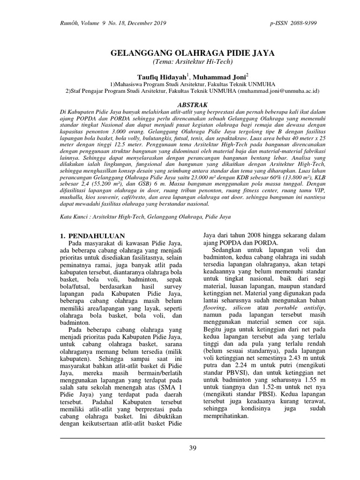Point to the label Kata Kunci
click(x=77, y=217)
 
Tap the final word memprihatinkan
click(x=230, y=415)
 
